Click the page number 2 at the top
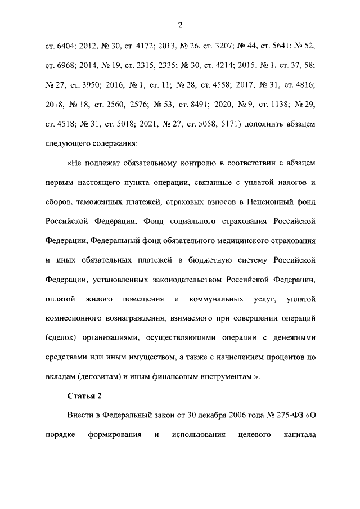(x=180, y=24)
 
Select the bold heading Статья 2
(x=84, y=395)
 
